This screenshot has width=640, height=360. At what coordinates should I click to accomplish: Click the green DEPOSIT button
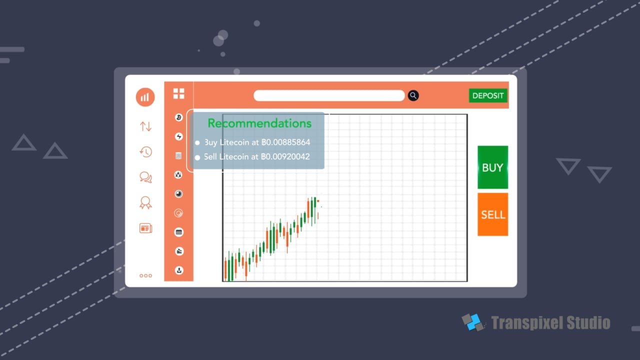(488, 95)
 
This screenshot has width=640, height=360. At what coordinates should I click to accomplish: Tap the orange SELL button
(493, 214)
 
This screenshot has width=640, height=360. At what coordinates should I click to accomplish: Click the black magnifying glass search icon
(413, 95)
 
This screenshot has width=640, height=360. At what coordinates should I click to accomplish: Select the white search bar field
(329, 95)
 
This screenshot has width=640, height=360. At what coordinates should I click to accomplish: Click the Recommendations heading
(259, 123)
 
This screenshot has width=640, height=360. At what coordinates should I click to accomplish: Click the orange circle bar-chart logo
(145, 97)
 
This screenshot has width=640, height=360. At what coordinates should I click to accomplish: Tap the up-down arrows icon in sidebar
(145, 126)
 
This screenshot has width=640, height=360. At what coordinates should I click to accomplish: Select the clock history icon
(145, 151)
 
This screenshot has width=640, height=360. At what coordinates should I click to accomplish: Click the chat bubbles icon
(145, 177)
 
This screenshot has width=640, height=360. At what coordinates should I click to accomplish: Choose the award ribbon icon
(145, 202)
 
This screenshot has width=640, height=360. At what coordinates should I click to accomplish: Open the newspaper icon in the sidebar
(145, 228)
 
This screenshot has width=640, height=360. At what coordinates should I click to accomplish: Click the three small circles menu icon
(145, 275)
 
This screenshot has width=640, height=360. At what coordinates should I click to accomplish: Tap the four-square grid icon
(179, 93)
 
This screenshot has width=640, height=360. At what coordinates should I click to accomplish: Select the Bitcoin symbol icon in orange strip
(179, 117)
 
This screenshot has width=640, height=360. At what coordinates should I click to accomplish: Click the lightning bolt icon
(179, 136)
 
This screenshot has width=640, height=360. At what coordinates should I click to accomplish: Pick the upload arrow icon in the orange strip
(179, 270)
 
